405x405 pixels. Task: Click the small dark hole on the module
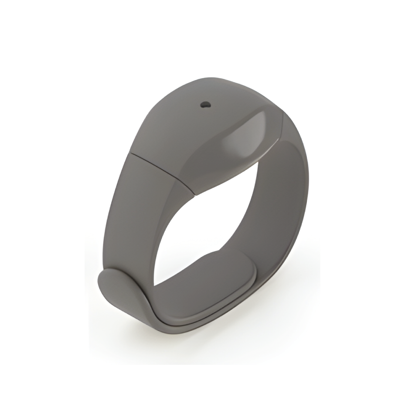(205, 105)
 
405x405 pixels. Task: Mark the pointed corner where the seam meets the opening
(195, 195)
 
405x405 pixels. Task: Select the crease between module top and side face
(210, 142)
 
